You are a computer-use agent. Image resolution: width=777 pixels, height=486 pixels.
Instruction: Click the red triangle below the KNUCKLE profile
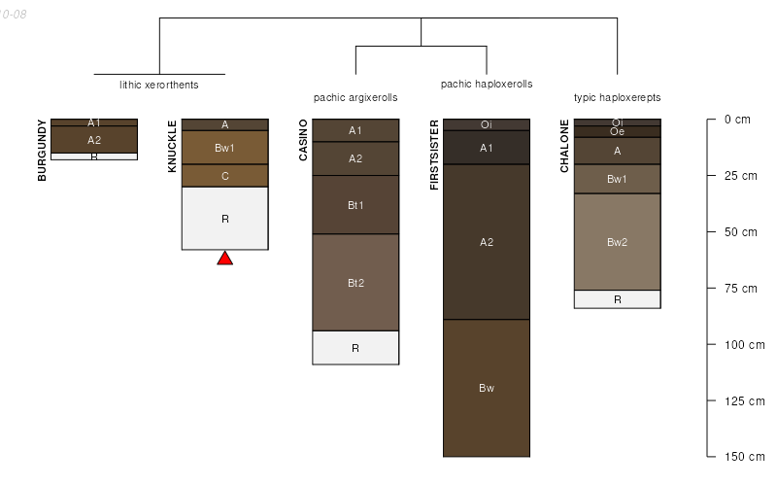tap(225, 259)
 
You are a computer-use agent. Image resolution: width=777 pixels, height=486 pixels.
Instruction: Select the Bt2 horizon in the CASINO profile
tap(355, 283)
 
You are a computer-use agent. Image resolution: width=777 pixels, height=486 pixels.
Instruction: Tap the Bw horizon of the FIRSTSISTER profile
tap(487, 388)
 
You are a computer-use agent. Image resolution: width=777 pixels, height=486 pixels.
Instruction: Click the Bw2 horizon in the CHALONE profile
tap(617, 242)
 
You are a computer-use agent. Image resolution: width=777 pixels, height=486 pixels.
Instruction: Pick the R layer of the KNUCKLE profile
tap(225, 219)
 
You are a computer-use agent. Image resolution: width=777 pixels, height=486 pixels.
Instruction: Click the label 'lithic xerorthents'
tap(159, 85)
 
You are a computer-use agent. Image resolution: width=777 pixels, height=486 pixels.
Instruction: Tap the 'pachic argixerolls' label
tap(355, 97)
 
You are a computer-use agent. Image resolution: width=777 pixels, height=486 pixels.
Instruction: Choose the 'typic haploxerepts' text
tap(617, 97)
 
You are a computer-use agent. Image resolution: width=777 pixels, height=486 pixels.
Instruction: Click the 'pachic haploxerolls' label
tap(487, 85)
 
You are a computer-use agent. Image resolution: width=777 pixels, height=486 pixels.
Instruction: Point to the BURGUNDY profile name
tap(42, 150)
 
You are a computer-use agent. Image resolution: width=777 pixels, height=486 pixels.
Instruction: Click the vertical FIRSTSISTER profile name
tap(434, 155)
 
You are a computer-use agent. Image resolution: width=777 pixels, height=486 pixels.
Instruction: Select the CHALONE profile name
tap(564, 146)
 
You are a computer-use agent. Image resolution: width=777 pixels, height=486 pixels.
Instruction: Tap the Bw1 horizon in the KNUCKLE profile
tap(225, 148)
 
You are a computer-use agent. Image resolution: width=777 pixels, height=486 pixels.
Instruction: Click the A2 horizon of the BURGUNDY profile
tap(94, 140)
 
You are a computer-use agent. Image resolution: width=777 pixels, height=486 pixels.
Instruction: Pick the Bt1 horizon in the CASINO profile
tap(355, 205)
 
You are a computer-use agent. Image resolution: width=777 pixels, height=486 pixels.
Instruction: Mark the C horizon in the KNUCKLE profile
tap(225, 176)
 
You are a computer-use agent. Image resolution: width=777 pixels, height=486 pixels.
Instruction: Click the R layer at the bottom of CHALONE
tap(617, 299)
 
